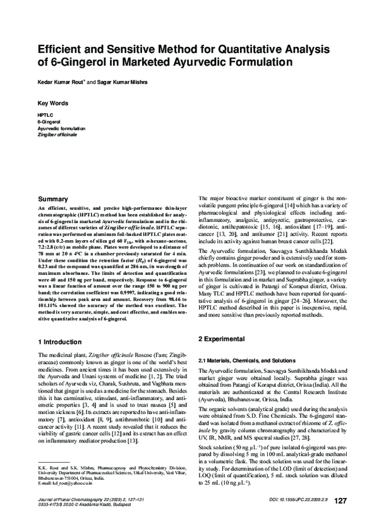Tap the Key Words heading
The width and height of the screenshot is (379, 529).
[53, 102]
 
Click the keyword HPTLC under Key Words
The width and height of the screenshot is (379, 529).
[46, 116]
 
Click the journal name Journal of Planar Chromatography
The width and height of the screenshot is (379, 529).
[70, 516]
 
